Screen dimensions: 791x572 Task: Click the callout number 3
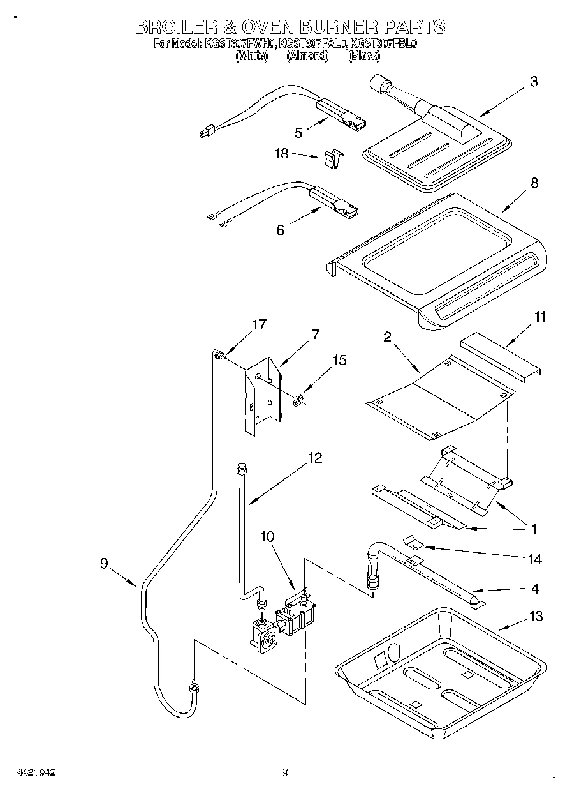coord(534,81)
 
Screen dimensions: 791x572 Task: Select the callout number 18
coord(281,154)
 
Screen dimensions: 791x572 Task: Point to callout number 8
coord(534,183)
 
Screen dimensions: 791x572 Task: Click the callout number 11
coord(539,316)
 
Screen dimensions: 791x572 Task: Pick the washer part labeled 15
coord(298,402)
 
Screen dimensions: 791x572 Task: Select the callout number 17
coord(258,324)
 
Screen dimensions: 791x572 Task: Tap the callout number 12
coord(314,458)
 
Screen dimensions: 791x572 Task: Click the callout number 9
coord(104,563)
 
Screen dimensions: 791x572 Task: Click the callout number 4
coord(535,588)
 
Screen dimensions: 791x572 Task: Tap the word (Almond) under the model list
coord(307,56)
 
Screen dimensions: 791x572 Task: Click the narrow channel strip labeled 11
coord(501,358)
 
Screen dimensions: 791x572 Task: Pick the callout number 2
coord(387,338)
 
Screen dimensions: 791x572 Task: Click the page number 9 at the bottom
coord(285,772)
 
